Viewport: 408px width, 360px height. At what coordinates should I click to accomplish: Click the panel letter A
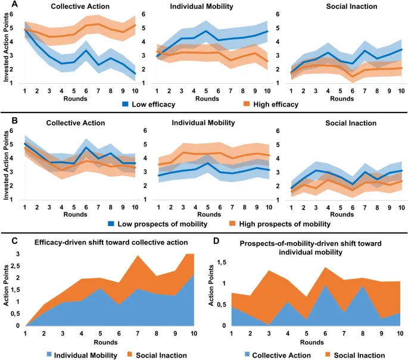coord(6,5)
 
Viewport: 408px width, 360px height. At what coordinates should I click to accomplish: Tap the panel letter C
coord(6,241)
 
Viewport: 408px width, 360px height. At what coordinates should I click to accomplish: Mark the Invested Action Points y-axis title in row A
coord(7,52)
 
